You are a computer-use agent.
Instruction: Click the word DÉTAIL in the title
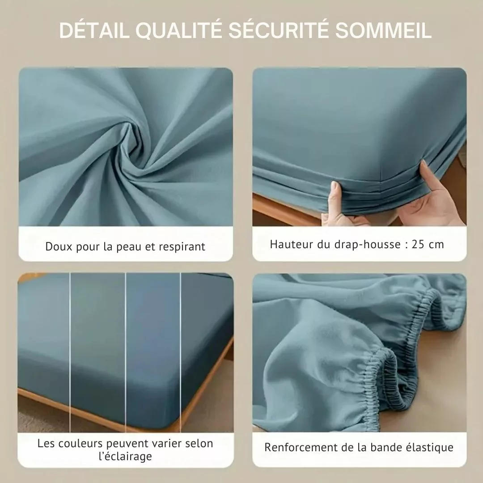(94, 30)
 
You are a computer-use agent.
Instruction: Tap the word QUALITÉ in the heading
(179, 30)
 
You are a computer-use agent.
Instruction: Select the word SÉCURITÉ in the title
(279, 30)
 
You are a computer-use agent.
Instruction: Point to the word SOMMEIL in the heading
(383, 30)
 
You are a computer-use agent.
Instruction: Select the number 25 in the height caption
(418, 244)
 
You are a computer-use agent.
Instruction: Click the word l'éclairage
(125, 457)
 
